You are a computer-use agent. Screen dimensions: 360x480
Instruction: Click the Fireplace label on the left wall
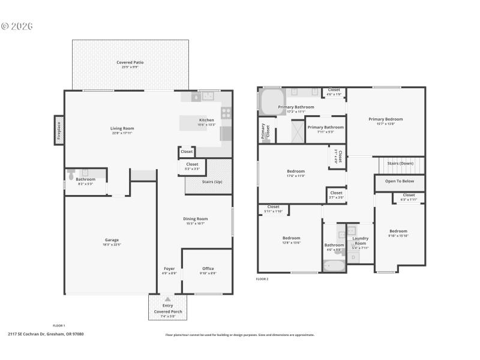(x=59, y=130)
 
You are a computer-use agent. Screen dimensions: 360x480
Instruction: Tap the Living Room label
(x=122, y=128)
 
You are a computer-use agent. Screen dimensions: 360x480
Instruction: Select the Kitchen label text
(x=206, y=120)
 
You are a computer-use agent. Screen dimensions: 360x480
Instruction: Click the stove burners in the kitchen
(x=226, y=111)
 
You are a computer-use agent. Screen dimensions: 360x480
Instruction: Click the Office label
(x=208, y=268)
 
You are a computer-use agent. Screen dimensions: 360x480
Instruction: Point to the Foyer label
(x=169, y=268)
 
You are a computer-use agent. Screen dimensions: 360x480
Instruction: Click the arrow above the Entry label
(x=167, y=299)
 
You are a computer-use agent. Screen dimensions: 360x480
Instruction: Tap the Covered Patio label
(x=130, y=62)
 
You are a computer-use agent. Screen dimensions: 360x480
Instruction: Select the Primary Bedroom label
(x=385, y=119)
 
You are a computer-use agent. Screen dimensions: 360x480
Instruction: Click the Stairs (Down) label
(x=400, y=163)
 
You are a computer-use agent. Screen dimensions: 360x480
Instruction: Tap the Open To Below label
(x=400, y=182)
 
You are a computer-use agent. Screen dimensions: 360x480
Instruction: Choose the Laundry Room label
(x=359, y=241)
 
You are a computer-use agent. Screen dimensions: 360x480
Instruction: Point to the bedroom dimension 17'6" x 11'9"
(x=296, y=176)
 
